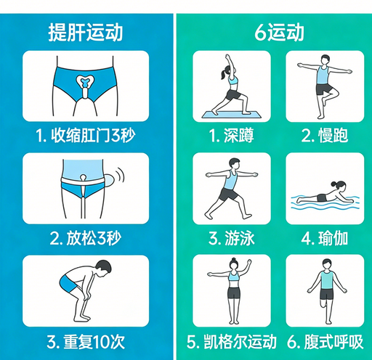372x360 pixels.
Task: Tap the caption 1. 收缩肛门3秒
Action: (x=86, y=135)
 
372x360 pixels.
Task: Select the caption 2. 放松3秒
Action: (x=86, y=237)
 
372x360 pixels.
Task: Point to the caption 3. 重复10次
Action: (x=86, y=340)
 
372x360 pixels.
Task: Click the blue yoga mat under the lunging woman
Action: (x=231, y=112)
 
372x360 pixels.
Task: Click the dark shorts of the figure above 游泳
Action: (x=228, y=194)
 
